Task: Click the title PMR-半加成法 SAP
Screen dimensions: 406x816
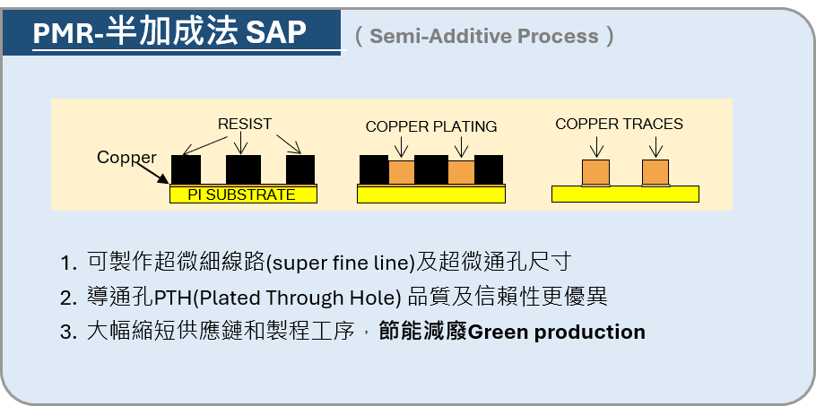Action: tap(170, 33)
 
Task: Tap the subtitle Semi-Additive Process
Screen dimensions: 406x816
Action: tap(484, 36)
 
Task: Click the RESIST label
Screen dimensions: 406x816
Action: tap(245, 125)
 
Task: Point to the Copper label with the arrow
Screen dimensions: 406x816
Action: tap(126, 158)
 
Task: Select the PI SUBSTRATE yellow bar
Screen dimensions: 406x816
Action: tap(242, 194)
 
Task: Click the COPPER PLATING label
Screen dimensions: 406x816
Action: tap(431, 126)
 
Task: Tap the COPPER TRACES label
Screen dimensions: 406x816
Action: tap(619, 124)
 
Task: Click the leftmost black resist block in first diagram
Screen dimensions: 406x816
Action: tap(186, 168)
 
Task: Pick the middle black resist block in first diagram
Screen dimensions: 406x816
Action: tap(243, 168)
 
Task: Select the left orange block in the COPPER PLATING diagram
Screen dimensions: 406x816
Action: tap(401, 172)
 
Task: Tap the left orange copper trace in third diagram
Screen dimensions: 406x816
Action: tap(596, 172)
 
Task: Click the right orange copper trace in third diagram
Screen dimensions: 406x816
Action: tap(655, 172)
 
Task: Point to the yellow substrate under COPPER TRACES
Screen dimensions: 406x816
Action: tap(625, 194)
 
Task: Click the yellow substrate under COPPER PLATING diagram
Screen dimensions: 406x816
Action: tap(431, 194)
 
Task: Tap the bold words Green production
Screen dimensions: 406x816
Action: tap(557, 332)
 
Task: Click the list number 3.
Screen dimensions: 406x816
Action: tap(67, 333)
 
